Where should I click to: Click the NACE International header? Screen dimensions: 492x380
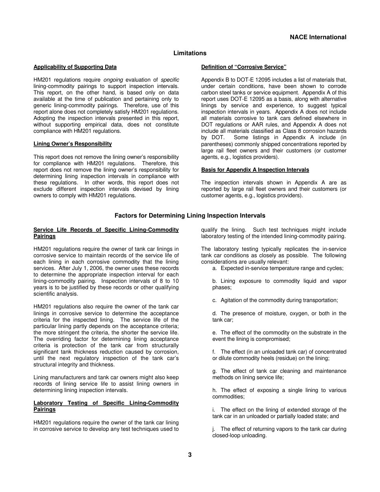click(x=318, y=37)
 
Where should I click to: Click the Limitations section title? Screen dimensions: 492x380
click(x=190, y=53)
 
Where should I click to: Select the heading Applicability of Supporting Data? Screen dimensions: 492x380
click(x=75, y=67)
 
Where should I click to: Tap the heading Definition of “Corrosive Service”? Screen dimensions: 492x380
click(x=244, y=67)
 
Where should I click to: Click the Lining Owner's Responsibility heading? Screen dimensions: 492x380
click(x=73, y=144)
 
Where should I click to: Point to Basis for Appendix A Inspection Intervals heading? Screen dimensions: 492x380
click(x=255, y=170)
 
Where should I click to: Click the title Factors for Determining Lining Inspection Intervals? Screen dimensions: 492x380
click(x=190, y=216)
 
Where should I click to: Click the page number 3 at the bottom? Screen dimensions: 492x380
click(x=190, y=455)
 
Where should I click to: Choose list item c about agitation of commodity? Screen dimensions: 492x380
click(x=275, y=300)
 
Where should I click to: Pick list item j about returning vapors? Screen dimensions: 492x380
click(x=279, y=432)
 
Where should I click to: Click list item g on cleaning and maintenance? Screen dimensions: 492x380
click(x=279, y=374)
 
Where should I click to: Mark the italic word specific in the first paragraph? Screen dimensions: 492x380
click(x=170, y=80)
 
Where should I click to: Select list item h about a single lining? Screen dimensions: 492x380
click(x=279, y=393)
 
